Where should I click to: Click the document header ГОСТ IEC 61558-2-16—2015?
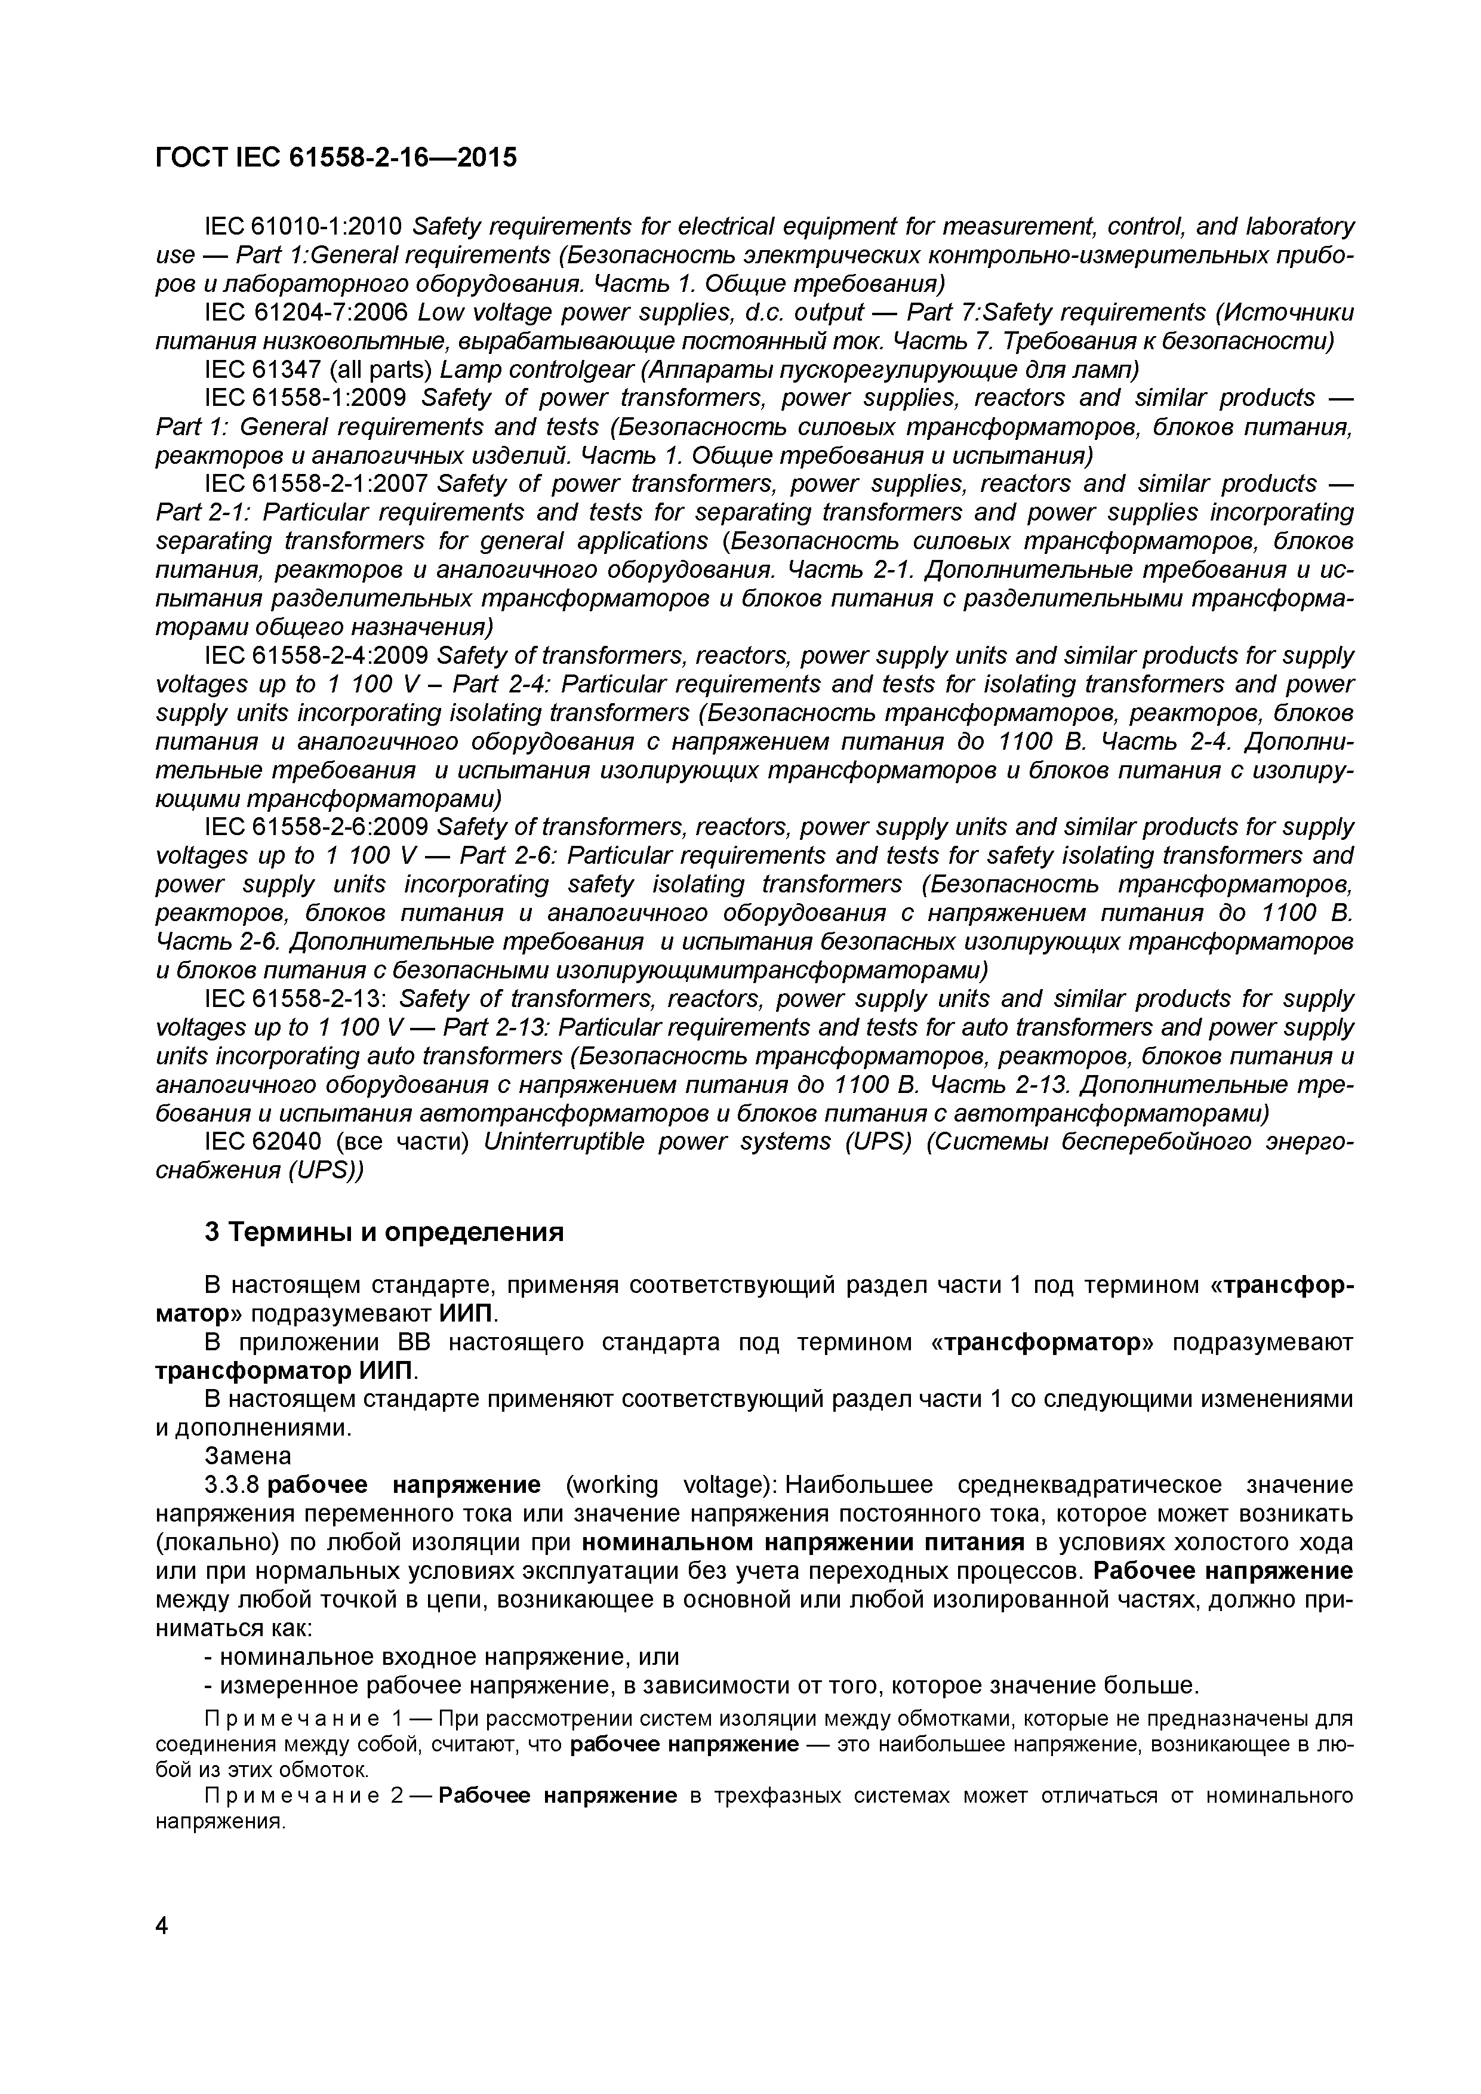(335, 158)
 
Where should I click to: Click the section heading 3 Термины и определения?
(384, 1232)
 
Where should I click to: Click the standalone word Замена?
(248, 1455)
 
